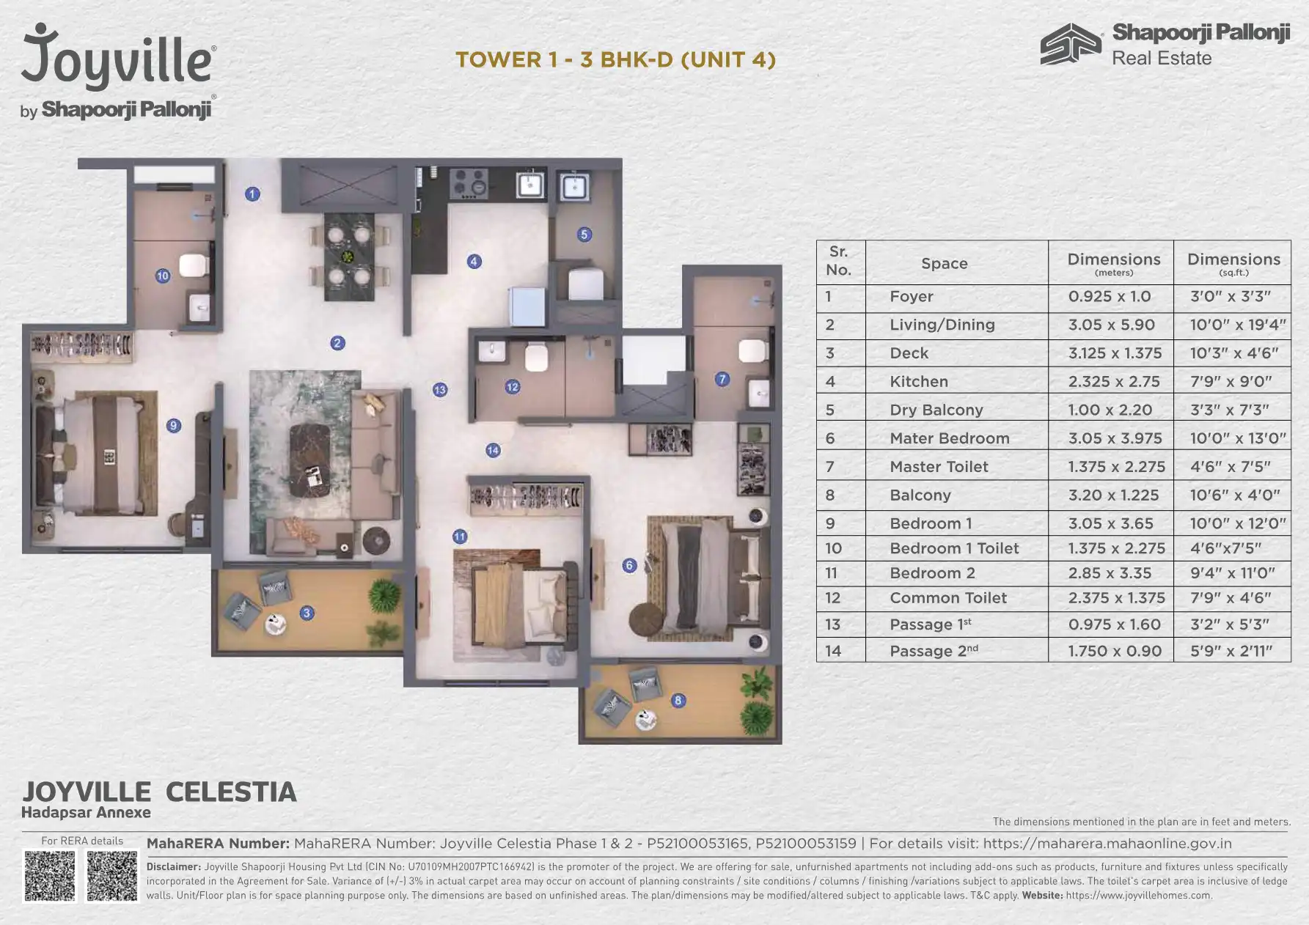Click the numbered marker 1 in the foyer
pos(252,194)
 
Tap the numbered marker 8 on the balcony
pos(678,701)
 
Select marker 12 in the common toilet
pos(513,387)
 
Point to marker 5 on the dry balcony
pos(584,235)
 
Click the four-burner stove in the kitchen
pos(469,184)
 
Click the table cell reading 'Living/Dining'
pos(942,325)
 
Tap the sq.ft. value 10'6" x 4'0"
pos(1235,495)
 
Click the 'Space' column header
pos(945,263)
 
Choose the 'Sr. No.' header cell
pos(839,260)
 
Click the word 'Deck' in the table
pos(909,353)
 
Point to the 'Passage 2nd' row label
pos(934,650)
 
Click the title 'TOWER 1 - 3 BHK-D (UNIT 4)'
pos(616,59)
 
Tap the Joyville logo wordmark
pos(118,56)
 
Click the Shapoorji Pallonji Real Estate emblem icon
pos(1071,44)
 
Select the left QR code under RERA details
pos(50,875)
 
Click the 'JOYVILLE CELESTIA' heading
pos(159,792)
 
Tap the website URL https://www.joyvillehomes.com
pos(1139,895)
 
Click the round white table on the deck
pos(276,624)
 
